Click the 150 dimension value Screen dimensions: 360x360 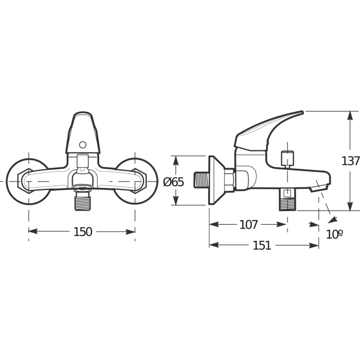83,232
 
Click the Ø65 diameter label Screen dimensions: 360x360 173,182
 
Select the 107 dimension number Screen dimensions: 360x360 248,225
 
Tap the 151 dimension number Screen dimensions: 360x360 262,246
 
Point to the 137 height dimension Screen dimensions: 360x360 350,161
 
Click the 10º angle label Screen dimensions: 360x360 334,234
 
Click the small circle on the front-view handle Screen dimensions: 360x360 83,145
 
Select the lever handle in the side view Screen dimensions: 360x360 265,129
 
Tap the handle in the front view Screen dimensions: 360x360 83,133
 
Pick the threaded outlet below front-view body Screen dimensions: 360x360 83,202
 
